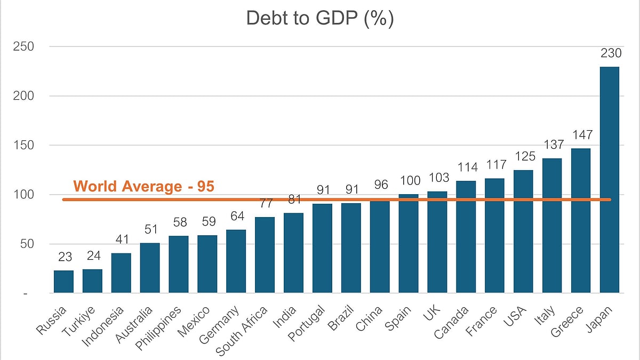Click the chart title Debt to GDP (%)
(319, 18)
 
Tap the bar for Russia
(63, 282)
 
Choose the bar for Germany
(236, 261)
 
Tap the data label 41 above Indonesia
(121, 240)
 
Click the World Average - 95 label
(144, 187)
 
